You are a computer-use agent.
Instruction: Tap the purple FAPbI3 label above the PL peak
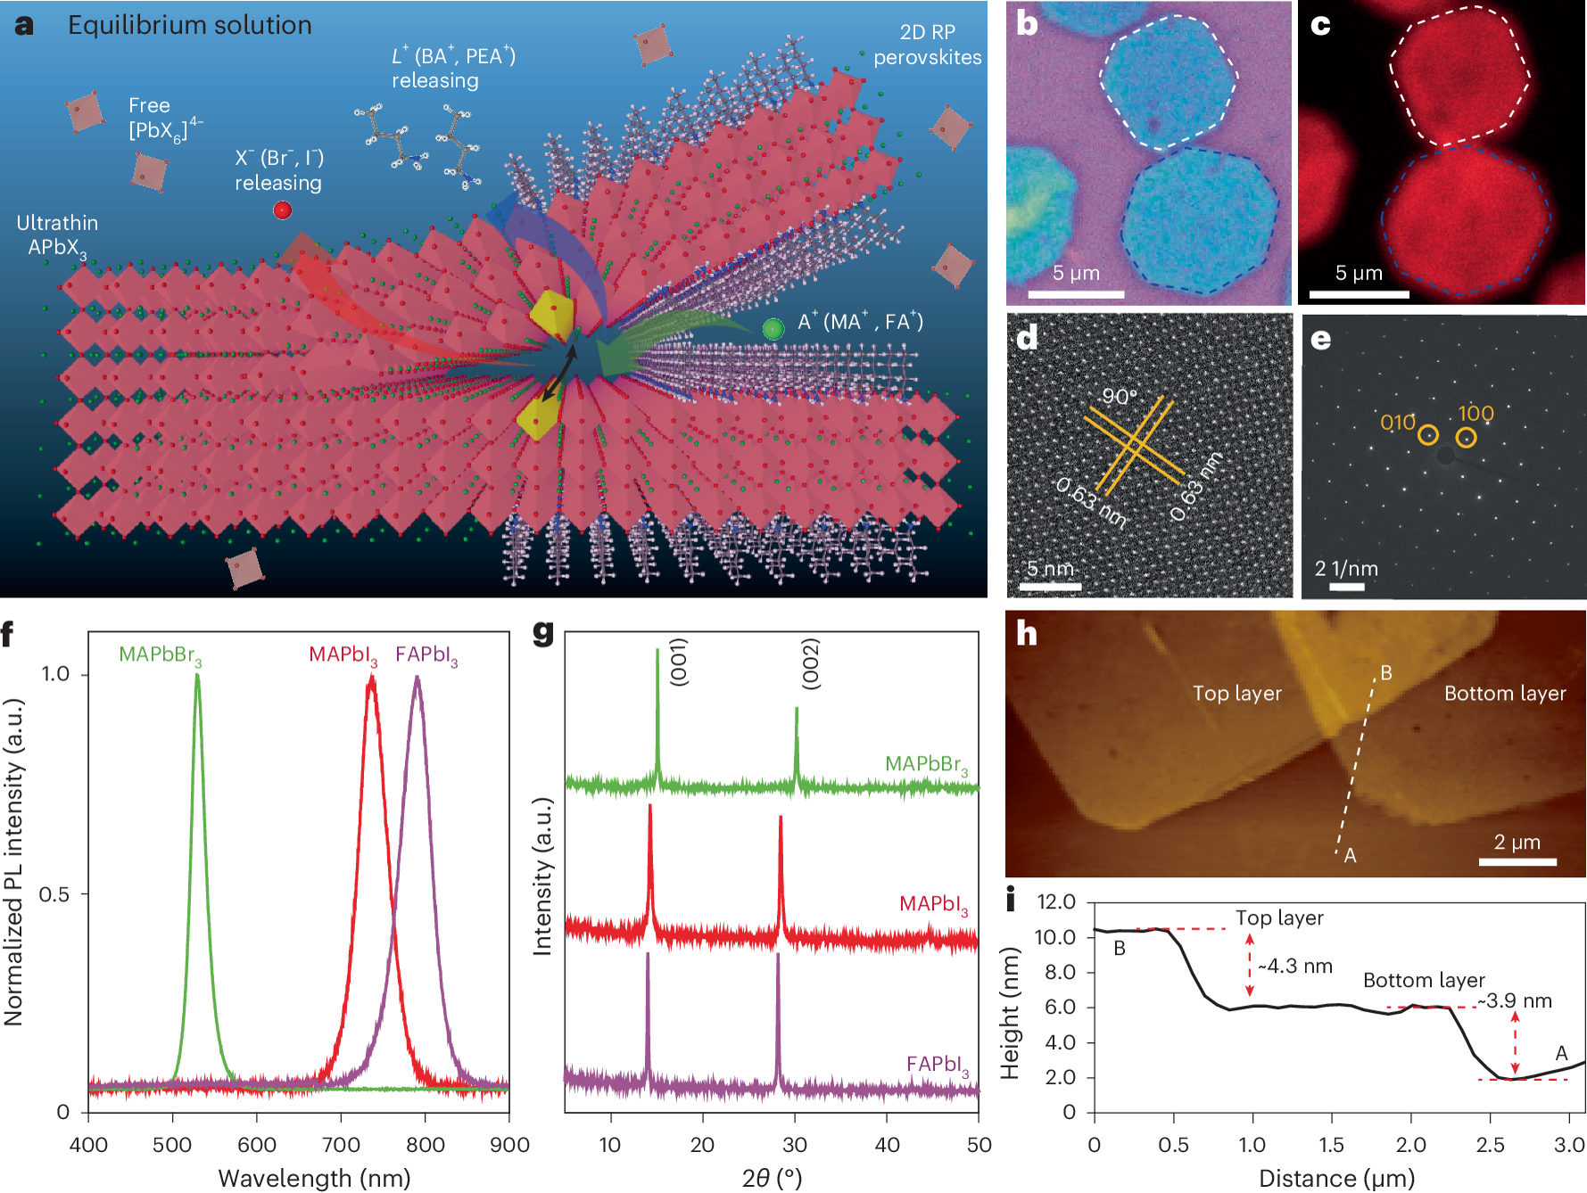pos(426,655)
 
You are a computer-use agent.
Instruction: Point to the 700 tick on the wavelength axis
pos(341,1145)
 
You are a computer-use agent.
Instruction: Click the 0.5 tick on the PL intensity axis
pos(54,894)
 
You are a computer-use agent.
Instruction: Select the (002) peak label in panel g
pos(810,663)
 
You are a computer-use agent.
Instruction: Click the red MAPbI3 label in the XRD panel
pos(933,904)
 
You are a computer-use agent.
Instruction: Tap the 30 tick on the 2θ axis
pos(794,1145)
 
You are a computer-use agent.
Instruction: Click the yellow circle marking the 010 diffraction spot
pos(1428,435)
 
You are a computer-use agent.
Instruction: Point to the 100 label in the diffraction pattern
pos(1475,413)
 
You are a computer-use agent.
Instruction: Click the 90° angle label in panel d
pos(1120,396)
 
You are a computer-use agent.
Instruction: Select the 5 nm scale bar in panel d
pos(1050,586)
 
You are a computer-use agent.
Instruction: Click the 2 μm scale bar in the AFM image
pos(1517,861)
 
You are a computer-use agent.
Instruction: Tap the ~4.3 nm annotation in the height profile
pos(1295,967)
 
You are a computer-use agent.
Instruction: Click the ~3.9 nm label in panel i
pos(1515,1001)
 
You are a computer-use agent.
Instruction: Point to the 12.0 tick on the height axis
pos(1056,901)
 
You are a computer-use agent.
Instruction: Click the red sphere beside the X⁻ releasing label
pos(283,210)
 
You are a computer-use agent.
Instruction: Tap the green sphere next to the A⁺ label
pos(773,329)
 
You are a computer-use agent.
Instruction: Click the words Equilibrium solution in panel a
pos(190,25)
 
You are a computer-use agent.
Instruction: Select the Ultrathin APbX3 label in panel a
pos(57,235)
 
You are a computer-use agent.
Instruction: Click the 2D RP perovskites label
pos(927,45)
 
